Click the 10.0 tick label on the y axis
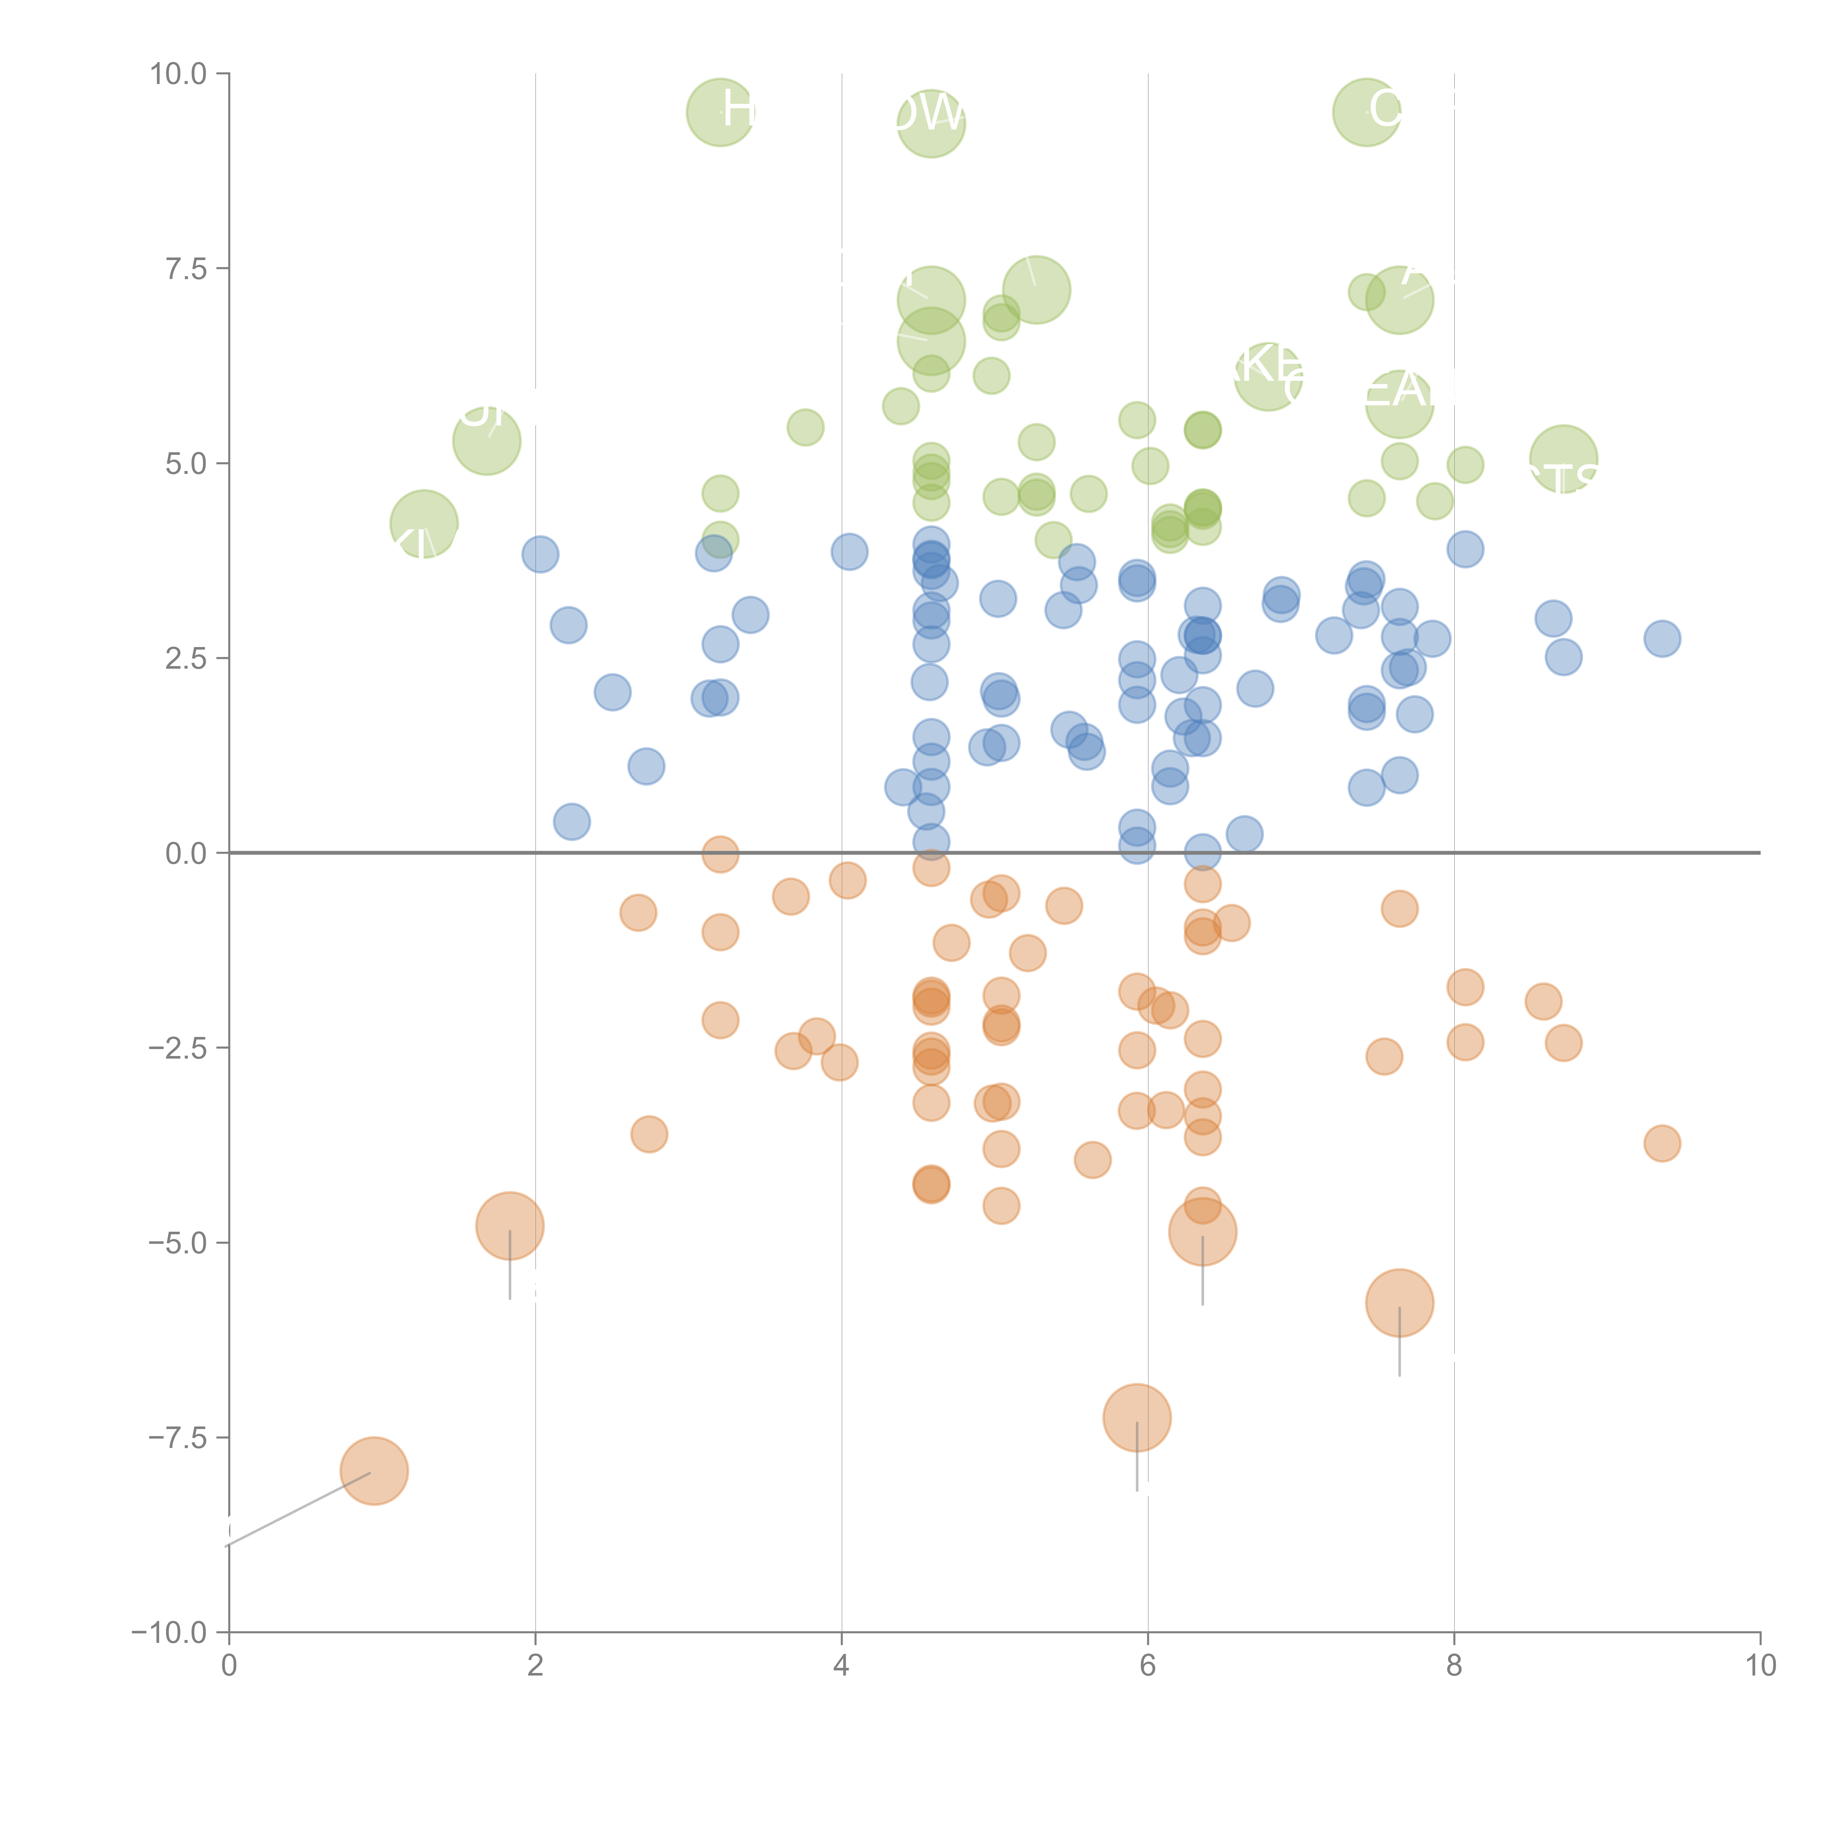[x=179, y=74]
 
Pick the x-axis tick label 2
[x=536, y=1666]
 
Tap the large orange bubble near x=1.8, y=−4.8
[x=510, y=1225]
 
